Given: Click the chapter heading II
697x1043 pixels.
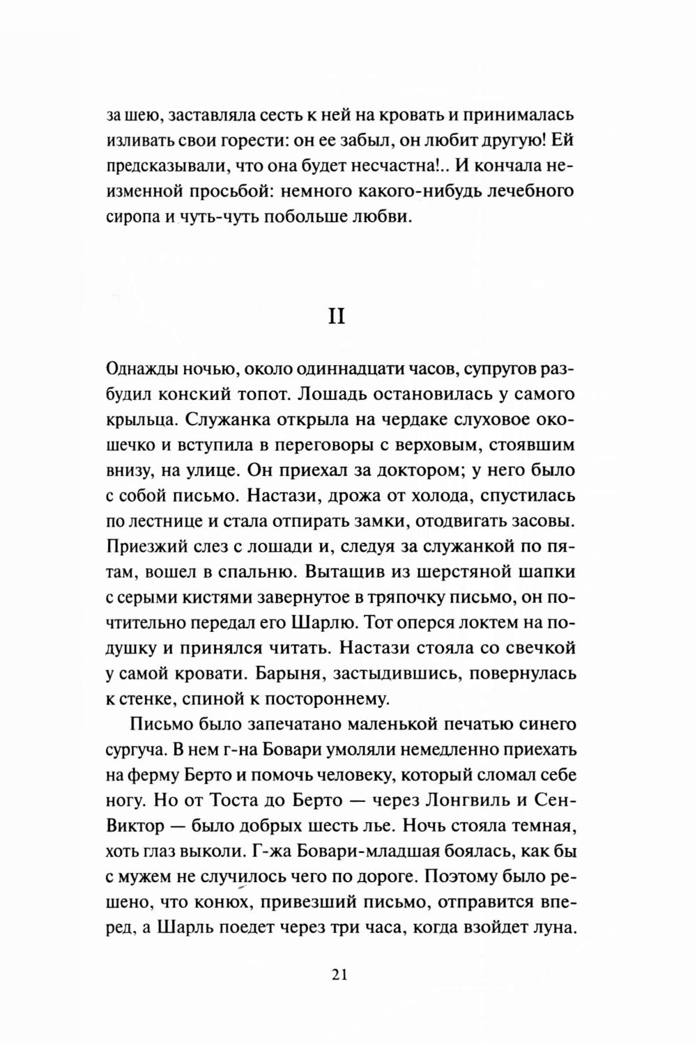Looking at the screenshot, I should click(339, 316).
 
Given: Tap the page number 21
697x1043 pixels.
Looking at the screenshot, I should click(339, 975).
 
